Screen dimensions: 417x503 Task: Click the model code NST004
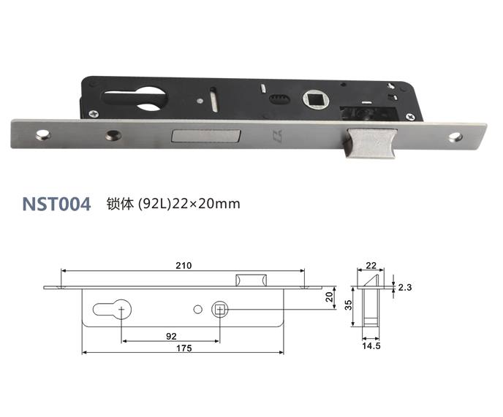click(56, 204)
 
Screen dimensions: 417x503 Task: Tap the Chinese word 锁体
click(120, 204)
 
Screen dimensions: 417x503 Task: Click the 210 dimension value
click(183, 265)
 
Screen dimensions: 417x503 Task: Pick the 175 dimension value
click(184, 348)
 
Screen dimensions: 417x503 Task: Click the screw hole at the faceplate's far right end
click(458, 136)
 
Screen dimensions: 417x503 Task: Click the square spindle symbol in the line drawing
click(219, 310)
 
